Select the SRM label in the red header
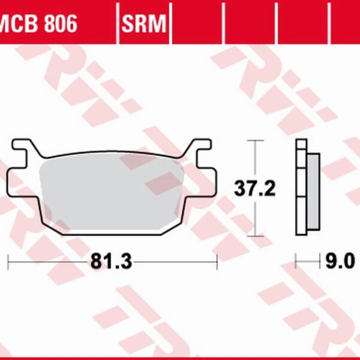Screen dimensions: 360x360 point(145,24)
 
